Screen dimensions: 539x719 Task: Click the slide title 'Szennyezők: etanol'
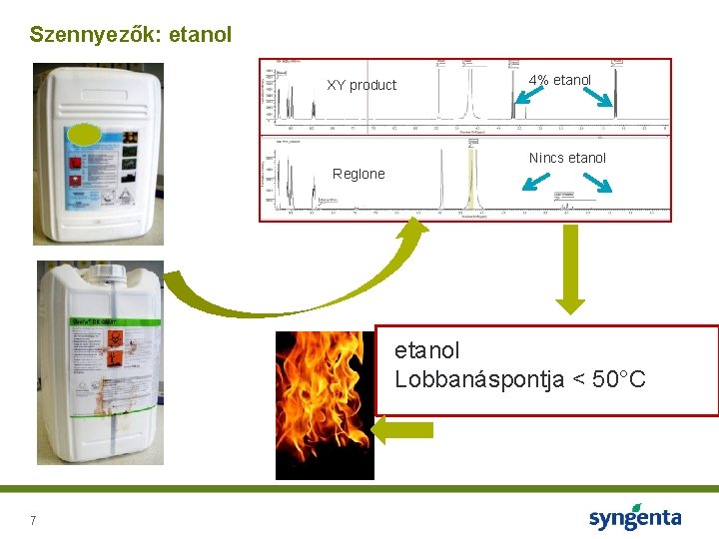[x=131, y=35]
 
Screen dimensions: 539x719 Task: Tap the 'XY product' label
[x=361, y=85]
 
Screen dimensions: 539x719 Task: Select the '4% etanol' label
[x=560, y=80]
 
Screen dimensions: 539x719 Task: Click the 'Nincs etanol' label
[x=567, y=158]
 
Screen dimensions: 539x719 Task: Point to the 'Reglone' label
[x=359, y=174]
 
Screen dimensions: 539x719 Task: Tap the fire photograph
[x=325, y=404]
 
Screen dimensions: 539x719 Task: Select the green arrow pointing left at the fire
[x=403, y=430]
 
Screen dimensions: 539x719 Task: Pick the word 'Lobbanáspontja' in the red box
[x=470, y=379]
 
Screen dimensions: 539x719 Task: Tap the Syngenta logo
[x=634, y=518]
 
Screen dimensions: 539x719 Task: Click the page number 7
[x=33, y=521]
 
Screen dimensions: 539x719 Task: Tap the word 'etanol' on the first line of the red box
[x=427, y=351]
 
